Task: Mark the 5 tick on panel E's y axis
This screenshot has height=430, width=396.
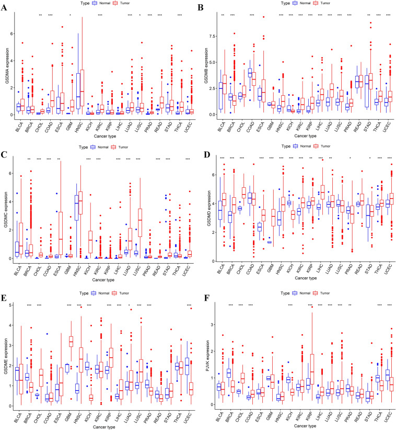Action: point(16,304)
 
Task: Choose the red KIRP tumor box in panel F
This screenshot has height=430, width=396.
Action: point(313,371)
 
